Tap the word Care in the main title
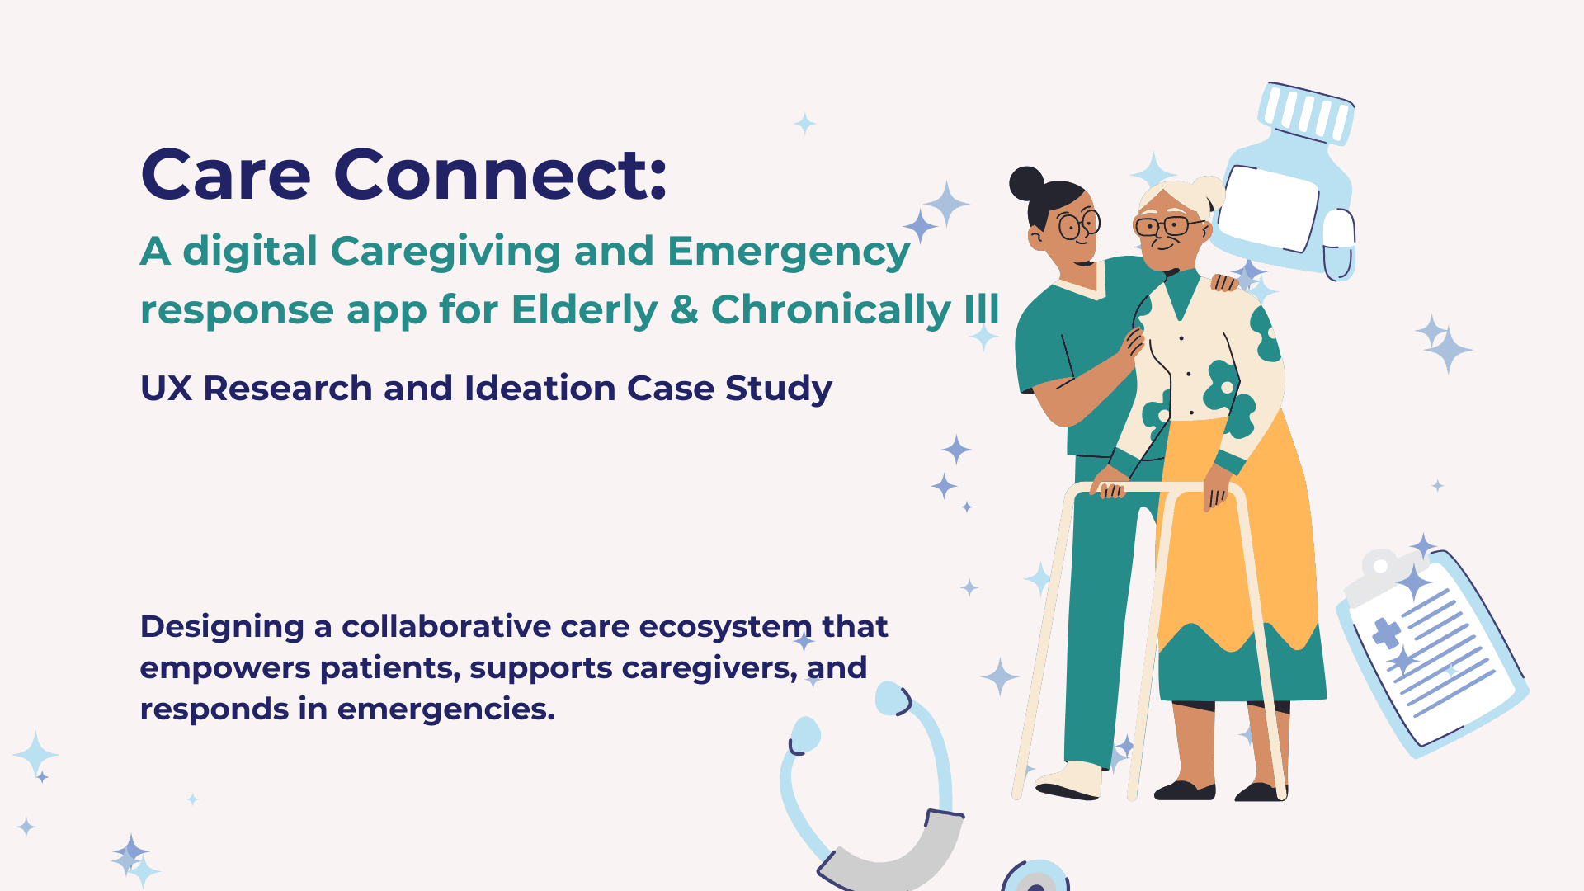tap(225, 174)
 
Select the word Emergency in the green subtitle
tap(789, 252)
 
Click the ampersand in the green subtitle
tap(684, 309)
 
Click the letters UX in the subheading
tap(166, 388)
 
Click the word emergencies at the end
tap(446, 709)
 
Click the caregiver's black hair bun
tap(1026, 183)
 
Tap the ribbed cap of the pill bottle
tap(1307, 112)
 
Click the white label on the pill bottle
tap(1268, 207)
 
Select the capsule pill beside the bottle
tap(1338, 245)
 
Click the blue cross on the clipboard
tap(1387, 634)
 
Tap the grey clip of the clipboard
tap(1377, 576)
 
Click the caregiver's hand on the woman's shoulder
tap(1224, 282)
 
